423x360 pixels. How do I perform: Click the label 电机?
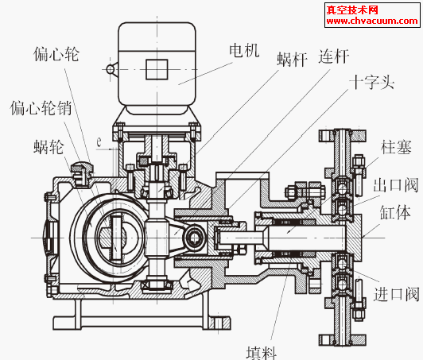pos(244,50)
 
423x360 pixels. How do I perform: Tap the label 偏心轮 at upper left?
pos(56,54)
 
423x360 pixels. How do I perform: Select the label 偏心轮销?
pos(41,108)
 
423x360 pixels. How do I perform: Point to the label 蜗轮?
pos(49,147)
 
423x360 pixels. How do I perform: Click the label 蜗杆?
pos(293,59)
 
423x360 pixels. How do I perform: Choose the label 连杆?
pos(334,56)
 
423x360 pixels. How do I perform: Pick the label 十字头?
pos(372,82)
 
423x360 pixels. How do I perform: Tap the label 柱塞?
pos(396,147)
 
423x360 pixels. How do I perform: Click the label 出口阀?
pos(396,184)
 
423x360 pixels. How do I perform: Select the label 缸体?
pos(395,212)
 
